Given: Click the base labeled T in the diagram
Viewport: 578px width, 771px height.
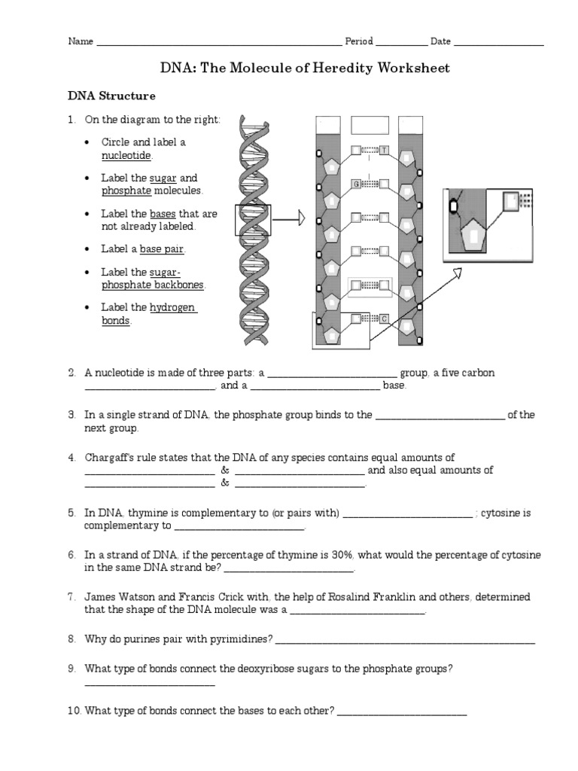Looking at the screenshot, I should [384, 150].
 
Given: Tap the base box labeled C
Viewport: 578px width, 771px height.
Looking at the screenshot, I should [384, 318].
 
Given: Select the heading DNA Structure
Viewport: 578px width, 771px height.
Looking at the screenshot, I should [111, 96].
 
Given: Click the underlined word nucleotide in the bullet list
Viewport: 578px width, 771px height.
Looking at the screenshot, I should [126, 155].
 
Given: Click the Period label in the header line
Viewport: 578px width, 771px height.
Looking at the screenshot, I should [359, 41].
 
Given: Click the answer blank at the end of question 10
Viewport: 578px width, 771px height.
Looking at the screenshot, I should [402, 713].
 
